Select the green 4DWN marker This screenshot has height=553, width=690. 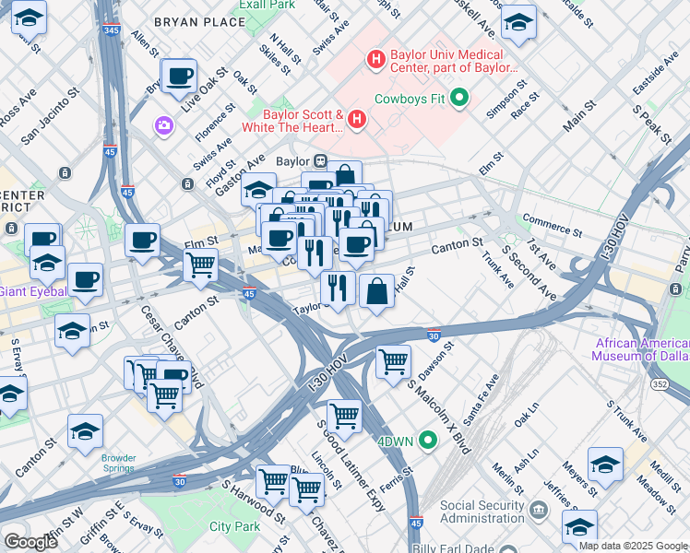point(427,441)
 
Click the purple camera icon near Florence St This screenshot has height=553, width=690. point(164,124)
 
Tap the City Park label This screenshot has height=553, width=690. point(234,526)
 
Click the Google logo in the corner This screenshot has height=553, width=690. point(30,541)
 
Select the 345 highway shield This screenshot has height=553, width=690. point(112,30)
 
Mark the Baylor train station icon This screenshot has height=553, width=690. point(321,159)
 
